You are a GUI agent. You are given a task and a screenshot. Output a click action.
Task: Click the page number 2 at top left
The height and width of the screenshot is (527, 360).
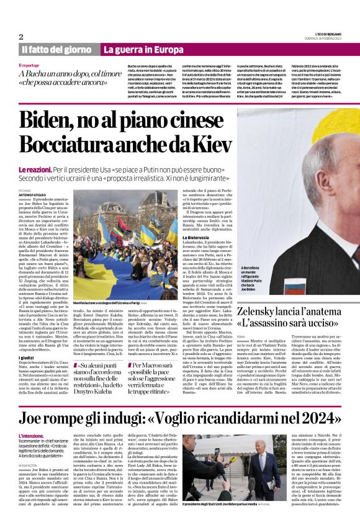[x=21, y=37]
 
